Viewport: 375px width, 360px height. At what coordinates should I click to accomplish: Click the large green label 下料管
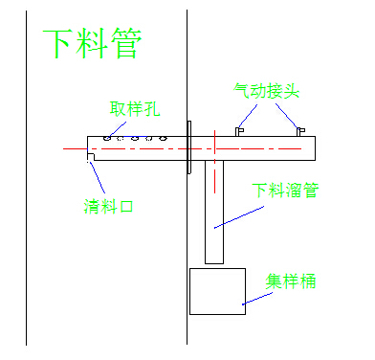92,43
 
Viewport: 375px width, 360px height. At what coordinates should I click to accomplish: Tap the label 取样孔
134,108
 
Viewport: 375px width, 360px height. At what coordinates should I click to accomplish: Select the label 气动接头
266,91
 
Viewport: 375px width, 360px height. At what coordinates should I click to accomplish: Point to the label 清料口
108,206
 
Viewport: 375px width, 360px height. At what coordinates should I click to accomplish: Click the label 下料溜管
285,191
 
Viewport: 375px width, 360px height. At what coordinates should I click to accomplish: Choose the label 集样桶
291,281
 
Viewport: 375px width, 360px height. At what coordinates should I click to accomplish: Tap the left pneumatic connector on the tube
239,131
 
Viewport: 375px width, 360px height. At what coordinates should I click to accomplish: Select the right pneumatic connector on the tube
300,131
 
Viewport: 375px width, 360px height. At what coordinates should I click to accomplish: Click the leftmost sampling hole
107,138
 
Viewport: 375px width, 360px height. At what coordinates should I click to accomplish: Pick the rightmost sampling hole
163,138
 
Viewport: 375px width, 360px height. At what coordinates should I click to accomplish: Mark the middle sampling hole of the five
135,138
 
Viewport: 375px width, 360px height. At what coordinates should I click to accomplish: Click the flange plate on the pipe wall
189,147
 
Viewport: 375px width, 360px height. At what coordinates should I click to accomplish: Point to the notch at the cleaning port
91,157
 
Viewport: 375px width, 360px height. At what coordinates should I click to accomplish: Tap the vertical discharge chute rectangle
214,212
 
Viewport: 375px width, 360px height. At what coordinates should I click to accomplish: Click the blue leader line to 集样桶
257,299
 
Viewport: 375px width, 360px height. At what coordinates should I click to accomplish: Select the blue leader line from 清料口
97,177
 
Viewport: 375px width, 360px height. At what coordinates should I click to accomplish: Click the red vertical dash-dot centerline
214,162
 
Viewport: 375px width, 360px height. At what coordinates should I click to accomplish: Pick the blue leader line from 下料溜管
239,217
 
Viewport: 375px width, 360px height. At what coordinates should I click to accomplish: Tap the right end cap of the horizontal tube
316,148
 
